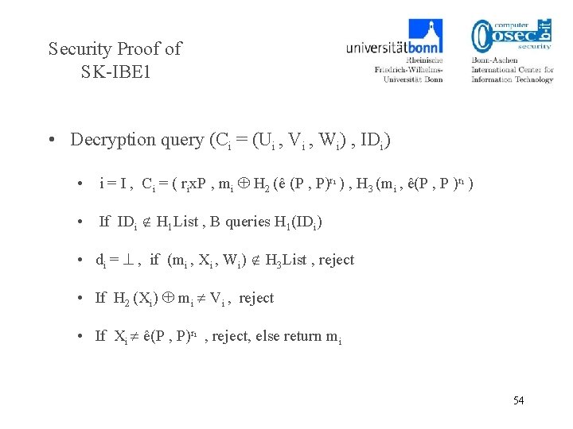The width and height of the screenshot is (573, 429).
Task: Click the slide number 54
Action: click(518, 400)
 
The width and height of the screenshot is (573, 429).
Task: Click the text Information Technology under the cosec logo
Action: click(512, 79)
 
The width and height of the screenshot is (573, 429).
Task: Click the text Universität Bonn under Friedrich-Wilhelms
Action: click(412, 79)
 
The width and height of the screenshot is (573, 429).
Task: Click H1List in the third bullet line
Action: click(181, 222)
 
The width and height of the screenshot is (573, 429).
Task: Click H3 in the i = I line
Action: click(364, 184)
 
